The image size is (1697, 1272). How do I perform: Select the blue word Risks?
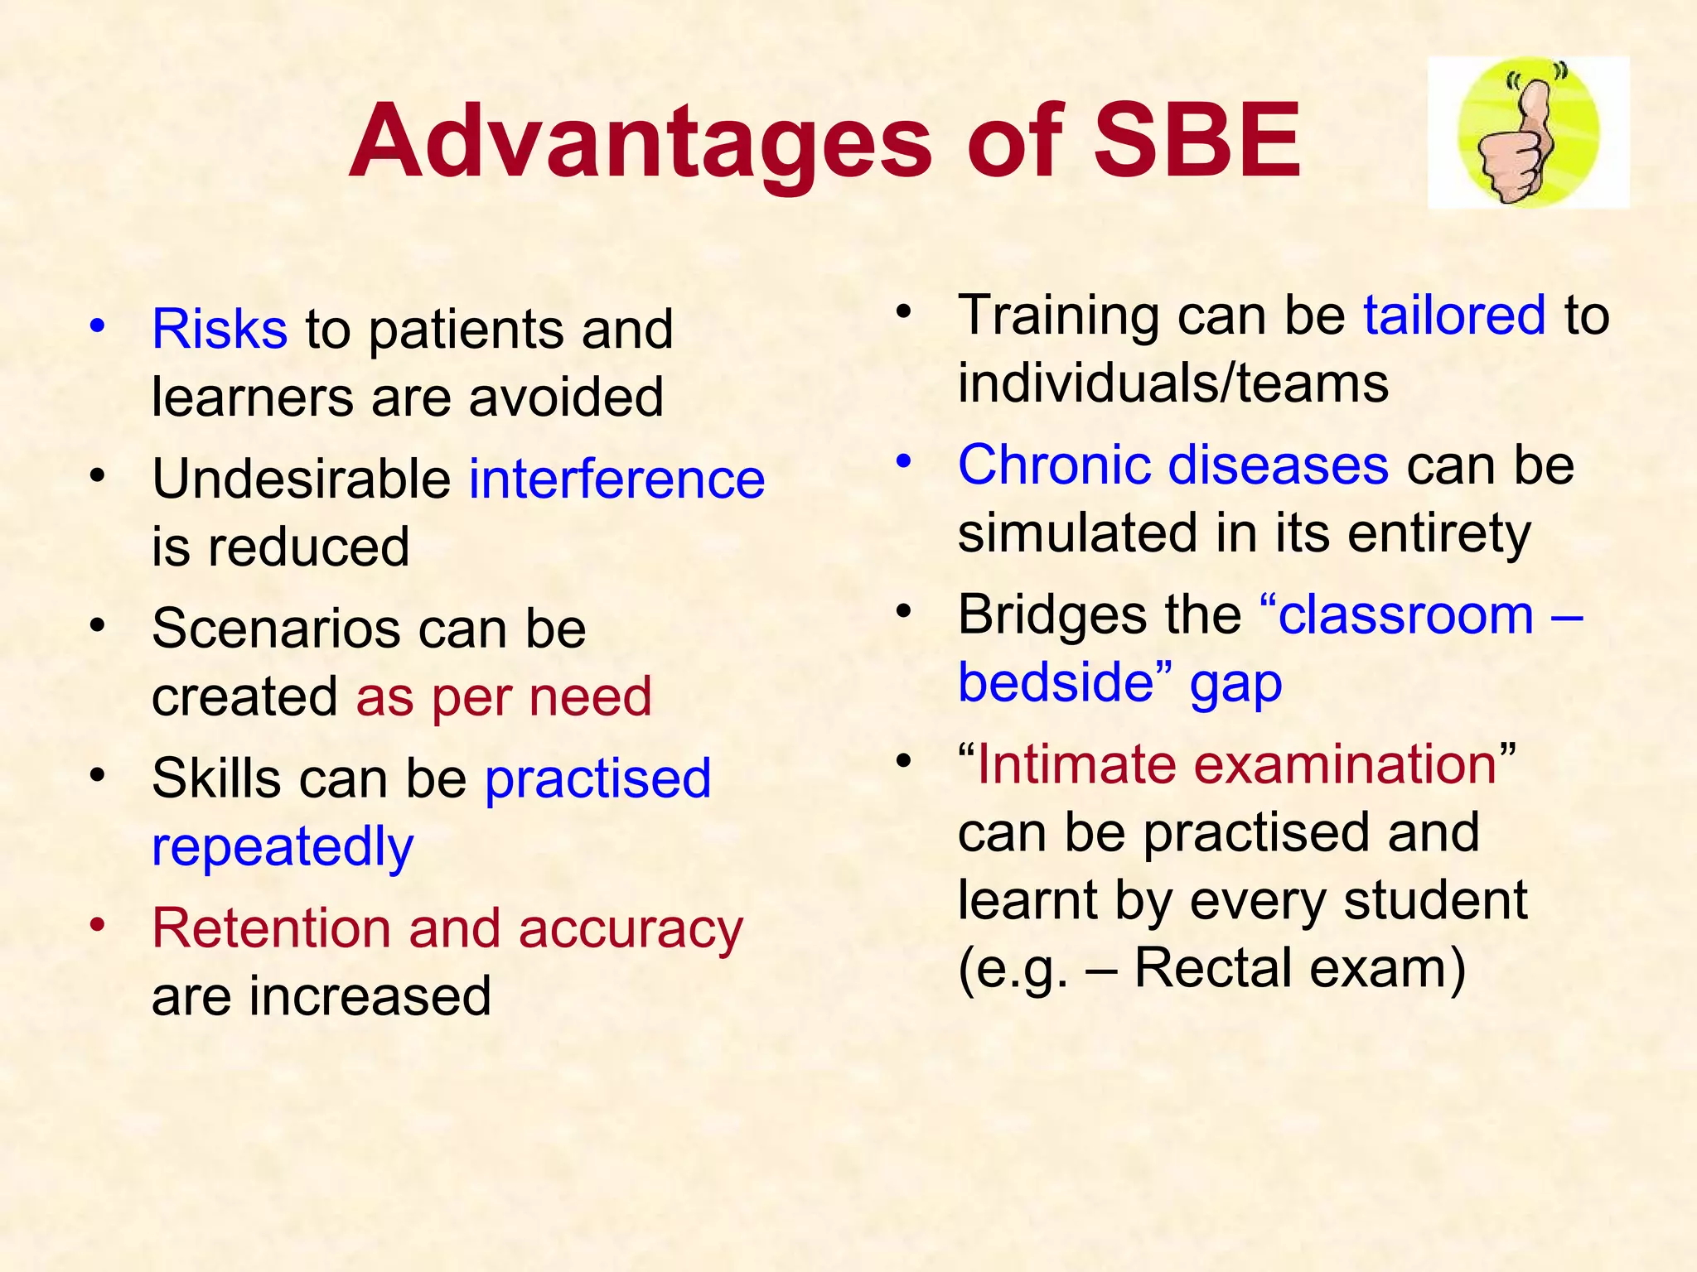click(220, 329)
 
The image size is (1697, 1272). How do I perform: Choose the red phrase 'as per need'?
click(504, 696)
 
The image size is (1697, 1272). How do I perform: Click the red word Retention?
click(270, 927)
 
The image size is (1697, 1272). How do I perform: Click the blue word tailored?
click(1454, 315)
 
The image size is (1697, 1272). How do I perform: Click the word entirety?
click(1439, 532)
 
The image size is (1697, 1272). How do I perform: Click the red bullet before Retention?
click(98, 923)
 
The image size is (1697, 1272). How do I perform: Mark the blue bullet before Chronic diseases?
click(904, 460)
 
